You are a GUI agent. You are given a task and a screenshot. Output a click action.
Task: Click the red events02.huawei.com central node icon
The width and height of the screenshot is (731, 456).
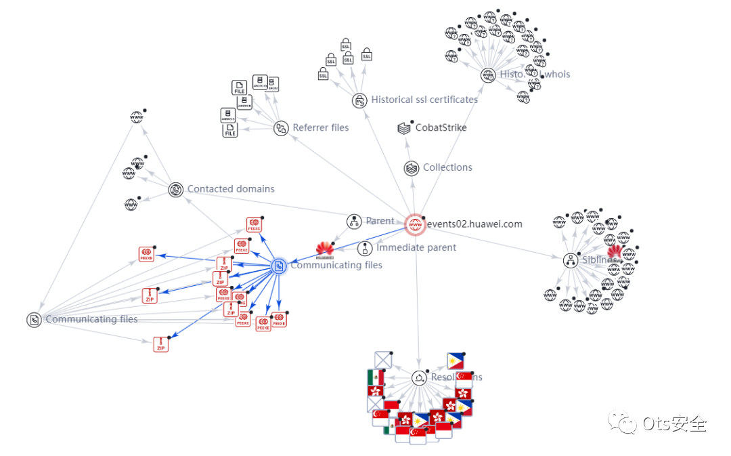click(x=415, y=224)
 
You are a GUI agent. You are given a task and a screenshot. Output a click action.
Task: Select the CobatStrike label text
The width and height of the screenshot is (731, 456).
click(x=441, y=127)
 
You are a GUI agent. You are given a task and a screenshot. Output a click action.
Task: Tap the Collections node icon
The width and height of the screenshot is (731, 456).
click(x=411, y=168)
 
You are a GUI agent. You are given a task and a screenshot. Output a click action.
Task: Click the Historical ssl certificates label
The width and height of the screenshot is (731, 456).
click(x=424, y=100)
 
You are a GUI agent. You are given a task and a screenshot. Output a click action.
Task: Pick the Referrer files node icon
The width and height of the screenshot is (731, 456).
click(x=281, y=128)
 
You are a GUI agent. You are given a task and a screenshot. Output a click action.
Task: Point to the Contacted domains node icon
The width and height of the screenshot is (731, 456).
click(x=176, y=190)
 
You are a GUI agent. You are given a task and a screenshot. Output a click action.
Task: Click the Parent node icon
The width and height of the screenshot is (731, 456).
click(x=354, y=222)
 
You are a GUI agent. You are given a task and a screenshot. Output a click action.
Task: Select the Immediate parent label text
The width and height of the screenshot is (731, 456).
click(x=416, y=247)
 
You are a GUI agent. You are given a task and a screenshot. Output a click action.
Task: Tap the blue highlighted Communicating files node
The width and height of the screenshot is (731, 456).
click(x=278, y=266)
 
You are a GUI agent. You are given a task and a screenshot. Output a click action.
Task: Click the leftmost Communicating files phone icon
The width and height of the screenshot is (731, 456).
click(x=34, y=320)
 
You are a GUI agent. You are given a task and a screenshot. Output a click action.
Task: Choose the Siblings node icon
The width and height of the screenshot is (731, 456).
click(x=571, y=260)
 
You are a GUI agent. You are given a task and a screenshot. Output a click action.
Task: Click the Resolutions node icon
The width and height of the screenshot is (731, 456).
click(x=420, y=378)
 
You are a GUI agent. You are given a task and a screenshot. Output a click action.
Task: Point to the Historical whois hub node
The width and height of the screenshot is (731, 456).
click(x=488, y=75)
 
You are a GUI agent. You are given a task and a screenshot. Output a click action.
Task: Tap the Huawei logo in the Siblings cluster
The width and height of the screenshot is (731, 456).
click(x=615, y=253)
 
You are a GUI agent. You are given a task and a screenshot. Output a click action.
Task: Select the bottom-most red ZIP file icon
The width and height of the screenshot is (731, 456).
click(x=160, y=344)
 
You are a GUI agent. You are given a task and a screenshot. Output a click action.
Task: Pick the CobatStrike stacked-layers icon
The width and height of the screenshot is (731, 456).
click(x=404, y=127)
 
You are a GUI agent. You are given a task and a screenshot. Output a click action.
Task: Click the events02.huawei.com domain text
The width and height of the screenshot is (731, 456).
click(x=474, y=224)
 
